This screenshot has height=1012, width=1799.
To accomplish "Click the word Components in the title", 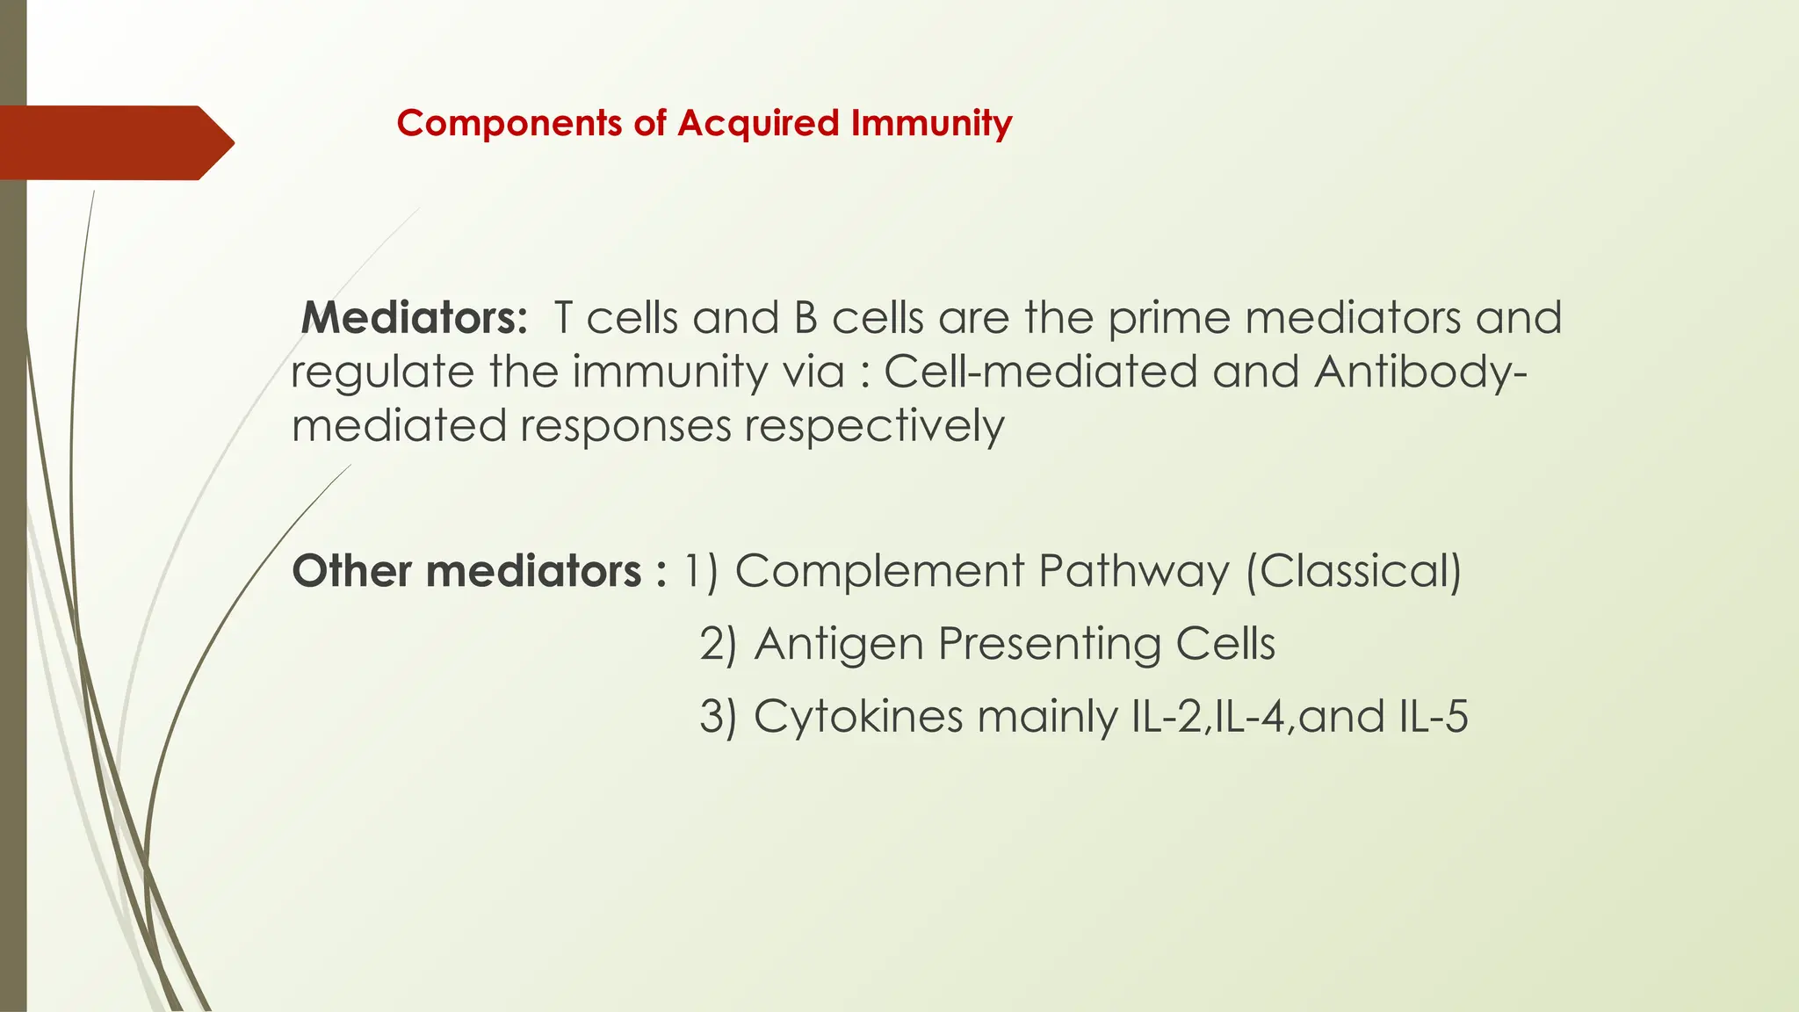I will (509, 123).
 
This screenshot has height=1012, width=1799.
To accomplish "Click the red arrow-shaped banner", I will (114, 142).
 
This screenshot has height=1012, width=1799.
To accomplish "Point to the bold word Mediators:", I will (414, 318).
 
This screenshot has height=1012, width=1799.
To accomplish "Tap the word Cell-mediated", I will (1040, 372).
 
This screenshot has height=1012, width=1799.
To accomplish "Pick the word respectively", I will (874, 426).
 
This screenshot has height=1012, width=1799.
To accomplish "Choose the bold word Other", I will (351, 571).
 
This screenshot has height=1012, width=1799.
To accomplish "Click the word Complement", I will (879, 571).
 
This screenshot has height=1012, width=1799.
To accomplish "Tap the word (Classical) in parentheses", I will (1353, 571).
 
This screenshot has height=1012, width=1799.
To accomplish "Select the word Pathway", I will (1133, 571).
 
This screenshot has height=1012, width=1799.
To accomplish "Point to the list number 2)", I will (718, 644).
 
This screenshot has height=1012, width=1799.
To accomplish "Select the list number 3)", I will (718, 716).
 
